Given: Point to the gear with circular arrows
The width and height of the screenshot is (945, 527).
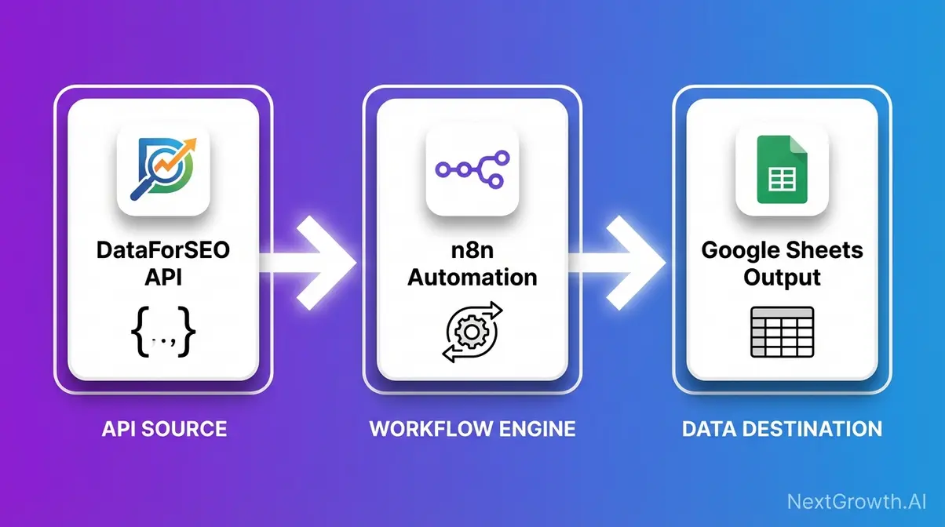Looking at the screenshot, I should pyautogui.click(x=472, y=333).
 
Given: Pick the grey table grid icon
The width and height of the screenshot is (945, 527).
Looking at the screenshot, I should pyautogui.click(x=782, y=333).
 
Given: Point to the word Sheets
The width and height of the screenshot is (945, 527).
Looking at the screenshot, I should pyautogui.click(x=823, y=251).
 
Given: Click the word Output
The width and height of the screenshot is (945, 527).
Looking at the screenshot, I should pyautogui.click(x=782, y=278).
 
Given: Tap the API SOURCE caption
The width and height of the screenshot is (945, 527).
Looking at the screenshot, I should pyautogui.click(x=164, y=429).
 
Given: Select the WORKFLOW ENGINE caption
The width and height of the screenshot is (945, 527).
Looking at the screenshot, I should pyautogui.click(x=472, y=429).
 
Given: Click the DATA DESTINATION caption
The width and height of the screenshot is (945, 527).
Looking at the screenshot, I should pyautogui.click(x=781, y=429).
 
